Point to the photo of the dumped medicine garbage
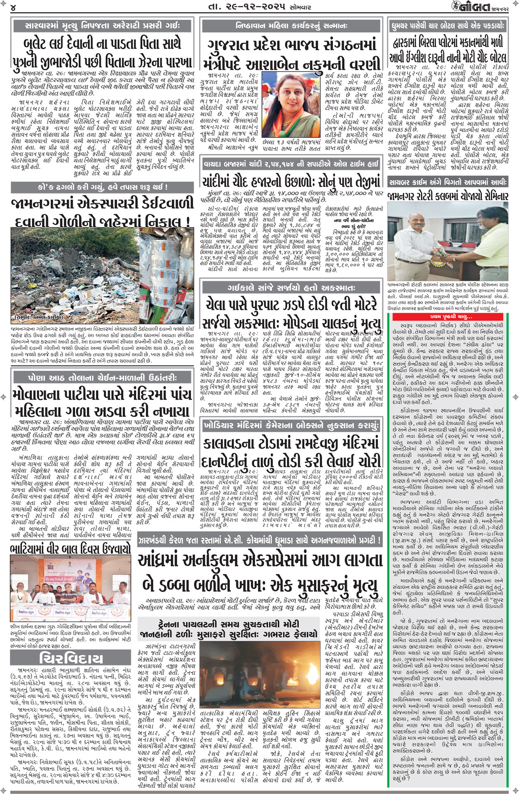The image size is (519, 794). (102, 275)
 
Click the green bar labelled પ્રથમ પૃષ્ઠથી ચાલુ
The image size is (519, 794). (450, 317)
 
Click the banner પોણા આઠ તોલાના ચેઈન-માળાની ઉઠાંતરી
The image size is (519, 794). (102, 378)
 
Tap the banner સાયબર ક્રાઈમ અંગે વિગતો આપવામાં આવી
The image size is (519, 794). (448, 182)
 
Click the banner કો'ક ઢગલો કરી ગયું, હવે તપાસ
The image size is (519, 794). (102, 187)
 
